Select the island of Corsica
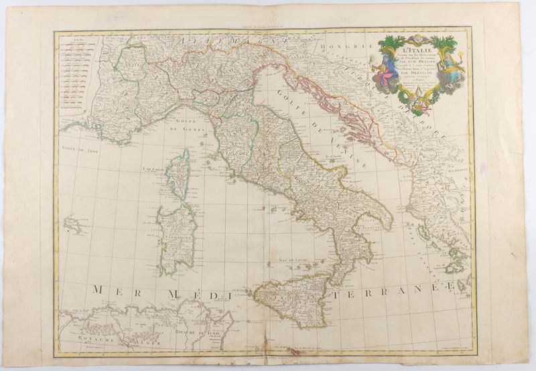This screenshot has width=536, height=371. click(178, 175)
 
